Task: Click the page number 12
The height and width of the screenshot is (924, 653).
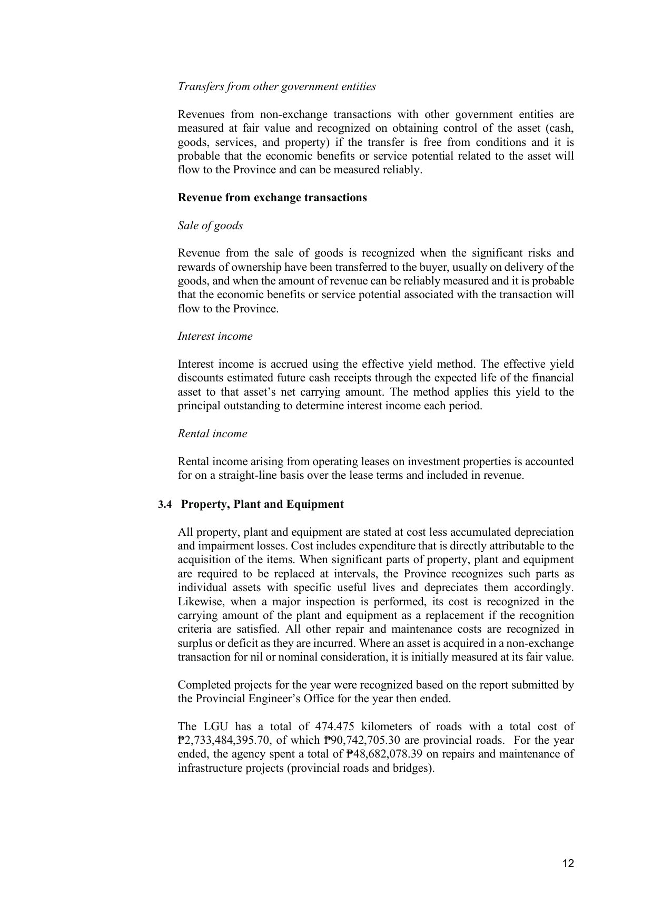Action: click(568, 863)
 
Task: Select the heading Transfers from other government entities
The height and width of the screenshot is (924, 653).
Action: click(276, 86)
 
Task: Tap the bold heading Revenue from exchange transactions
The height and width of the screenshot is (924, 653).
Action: click(272, 198)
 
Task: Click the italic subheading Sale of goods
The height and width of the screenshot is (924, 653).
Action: click(210, 225)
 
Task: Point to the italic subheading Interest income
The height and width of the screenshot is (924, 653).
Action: click(215, 336)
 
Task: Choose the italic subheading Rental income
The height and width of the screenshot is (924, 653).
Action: click(212, 434)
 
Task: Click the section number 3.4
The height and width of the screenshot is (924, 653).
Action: click(165, 505)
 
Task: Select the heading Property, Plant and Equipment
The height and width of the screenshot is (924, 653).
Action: click(262, 504)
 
